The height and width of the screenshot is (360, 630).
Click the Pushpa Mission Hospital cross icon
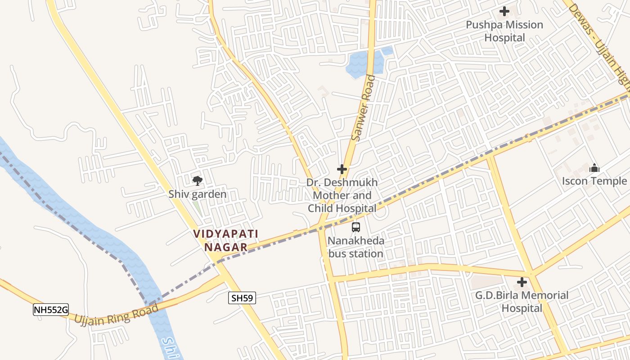[x=504, y=11]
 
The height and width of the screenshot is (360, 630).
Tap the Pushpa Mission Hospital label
[x=504, y=31]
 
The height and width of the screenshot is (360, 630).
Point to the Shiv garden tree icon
[x=197, y=181]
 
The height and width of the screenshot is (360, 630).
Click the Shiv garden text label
[x=197, y=194]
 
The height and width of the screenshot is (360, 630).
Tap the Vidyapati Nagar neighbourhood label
[x=226, y=240]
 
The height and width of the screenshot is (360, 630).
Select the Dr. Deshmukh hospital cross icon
[x=342, y=169]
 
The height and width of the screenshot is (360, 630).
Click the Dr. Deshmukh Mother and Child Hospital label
[x=342, y=195]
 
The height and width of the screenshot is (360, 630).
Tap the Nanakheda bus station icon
[x=356, y=227]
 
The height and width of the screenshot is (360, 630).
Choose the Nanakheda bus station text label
[x=356, y=247]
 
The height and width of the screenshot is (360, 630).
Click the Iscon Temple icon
[x=594, y=168]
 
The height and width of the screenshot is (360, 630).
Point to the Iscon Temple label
[x=594, y=181]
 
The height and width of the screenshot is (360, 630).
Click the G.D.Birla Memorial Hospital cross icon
[x=522, y=282]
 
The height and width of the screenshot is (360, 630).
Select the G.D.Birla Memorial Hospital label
[x=522, y=302]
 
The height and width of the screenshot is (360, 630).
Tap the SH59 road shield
[x=242, y=297]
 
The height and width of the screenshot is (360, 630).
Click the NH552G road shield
[x=50, y=310]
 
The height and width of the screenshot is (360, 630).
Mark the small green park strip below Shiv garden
[x=197, y=207]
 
